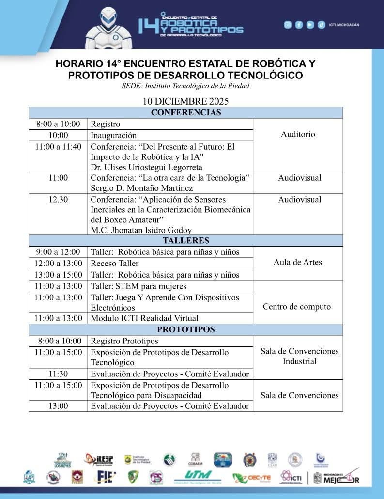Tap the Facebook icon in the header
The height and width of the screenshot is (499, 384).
click(x=299, y=25)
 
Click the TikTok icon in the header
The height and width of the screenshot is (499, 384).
click(x=321, y=25)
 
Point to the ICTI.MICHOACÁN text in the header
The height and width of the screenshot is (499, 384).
click(x=344, y=25)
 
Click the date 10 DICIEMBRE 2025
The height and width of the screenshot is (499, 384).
click(x=185, y=102)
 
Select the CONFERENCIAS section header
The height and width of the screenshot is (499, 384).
click(x=185, y=113)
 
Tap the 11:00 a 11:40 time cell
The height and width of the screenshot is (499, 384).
click(x=58, y=146)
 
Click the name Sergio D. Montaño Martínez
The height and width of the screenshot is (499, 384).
click(x=142, y=188)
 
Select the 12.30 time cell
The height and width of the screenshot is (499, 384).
click(x=58, y=199)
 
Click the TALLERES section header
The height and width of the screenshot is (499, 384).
click(x=185, y=241)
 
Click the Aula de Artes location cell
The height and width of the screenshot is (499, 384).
click(x=297, y=263)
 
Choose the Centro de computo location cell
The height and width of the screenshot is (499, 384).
click(x=297, y=307)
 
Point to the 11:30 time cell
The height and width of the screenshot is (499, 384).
click(x=58, y=374)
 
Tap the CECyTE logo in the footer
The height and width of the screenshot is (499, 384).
click(x=252, y=478)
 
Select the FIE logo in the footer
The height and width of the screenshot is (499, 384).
click(x=106, y=477)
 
